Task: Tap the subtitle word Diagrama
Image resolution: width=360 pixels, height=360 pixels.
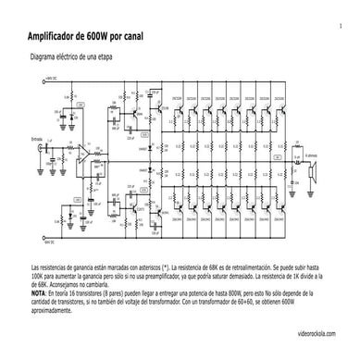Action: (44, 57)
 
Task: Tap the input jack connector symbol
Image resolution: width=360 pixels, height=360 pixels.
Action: (40, 151)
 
